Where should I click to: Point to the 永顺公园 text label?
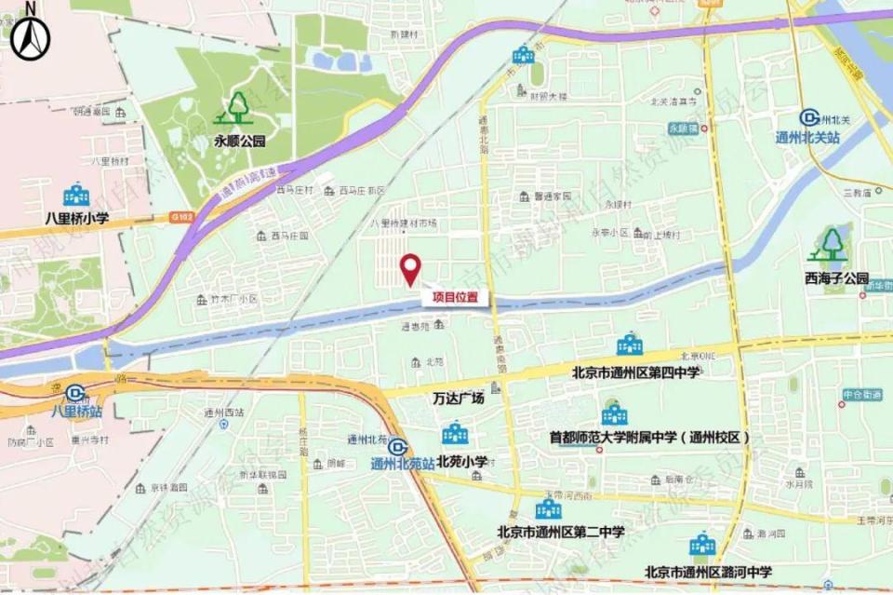(240, 142)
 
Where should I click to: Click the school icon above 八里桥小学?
(76, 196)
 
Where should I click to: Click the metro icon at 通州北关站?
(810, 117)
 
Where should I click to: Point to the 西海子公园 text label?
(836, 278)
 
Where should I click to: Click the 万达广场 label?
(459, 399)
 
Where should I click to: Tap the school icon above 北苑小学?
(455, 434)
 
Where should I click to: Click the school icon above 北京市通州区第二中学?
(548, 508)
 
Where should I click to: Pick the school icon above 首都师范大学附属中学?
(614, 414)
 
